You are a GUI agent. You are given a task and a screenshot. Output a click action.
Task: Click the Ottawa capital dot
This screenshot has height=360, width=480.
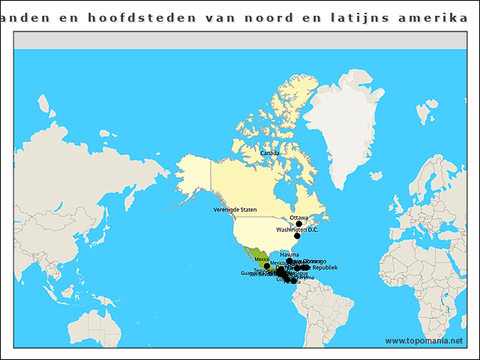coord(298,223)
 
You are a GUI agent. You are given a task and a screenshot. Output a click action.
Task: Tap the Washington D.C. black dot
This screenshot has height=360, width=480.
coord(297,235)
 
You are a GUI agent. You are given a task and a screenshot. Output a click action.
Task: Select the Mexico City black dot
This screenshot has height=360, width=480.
coord(267,266)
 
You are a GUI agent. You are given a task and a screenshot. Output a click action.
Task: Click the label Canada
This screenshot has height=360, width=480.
coord(269,153)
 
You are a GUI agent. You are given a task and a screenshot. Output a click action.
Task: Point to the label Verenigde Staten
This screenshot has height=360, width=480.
coord(235,209)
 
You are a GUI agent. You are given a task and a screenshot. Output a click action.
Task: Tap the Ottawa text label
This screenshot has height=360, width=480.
coord(298,217)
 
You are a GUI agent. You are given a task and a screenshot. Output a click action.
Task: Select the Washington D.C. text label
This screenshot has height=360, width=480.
coord(297,229)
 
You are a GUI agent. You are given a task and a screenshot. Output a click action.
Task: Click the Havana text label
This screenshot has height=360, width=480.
coord(289,255)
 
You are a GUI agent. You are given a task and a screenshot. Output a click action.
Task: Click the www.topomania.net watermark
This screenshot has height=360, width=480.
coord(424,340)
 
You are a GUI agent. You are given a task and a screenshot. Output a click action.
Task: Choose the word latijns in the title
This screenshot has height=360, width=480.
coord(352,17)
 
